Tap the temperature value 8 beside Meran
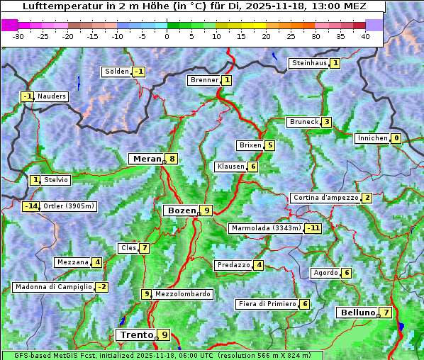pos(172,159)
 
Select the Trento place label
pos(137,334)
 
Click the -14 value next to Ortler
pos(30,206)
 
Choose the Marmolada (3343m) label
pos(266,228)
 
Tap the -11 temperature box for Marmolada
pos(313,228)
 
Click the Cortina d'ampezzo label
pos(325,198)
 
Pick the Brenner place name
pos(204,80)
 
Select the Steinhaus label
pos(309,63)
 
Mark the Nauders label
pos(51,96)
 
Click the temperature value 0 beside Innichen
pos(396,138)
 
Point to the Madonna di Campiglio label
pos(53,287)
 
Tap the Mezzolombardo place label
pos(182,294)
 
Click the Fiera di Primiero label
pos(267,304)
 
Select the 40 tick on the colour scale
pos(365,35)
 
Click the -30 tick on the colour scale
pos(18,35)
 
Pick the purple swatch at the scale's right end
pos(374,25)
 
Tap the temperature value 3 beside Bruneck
pos(326,122)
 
